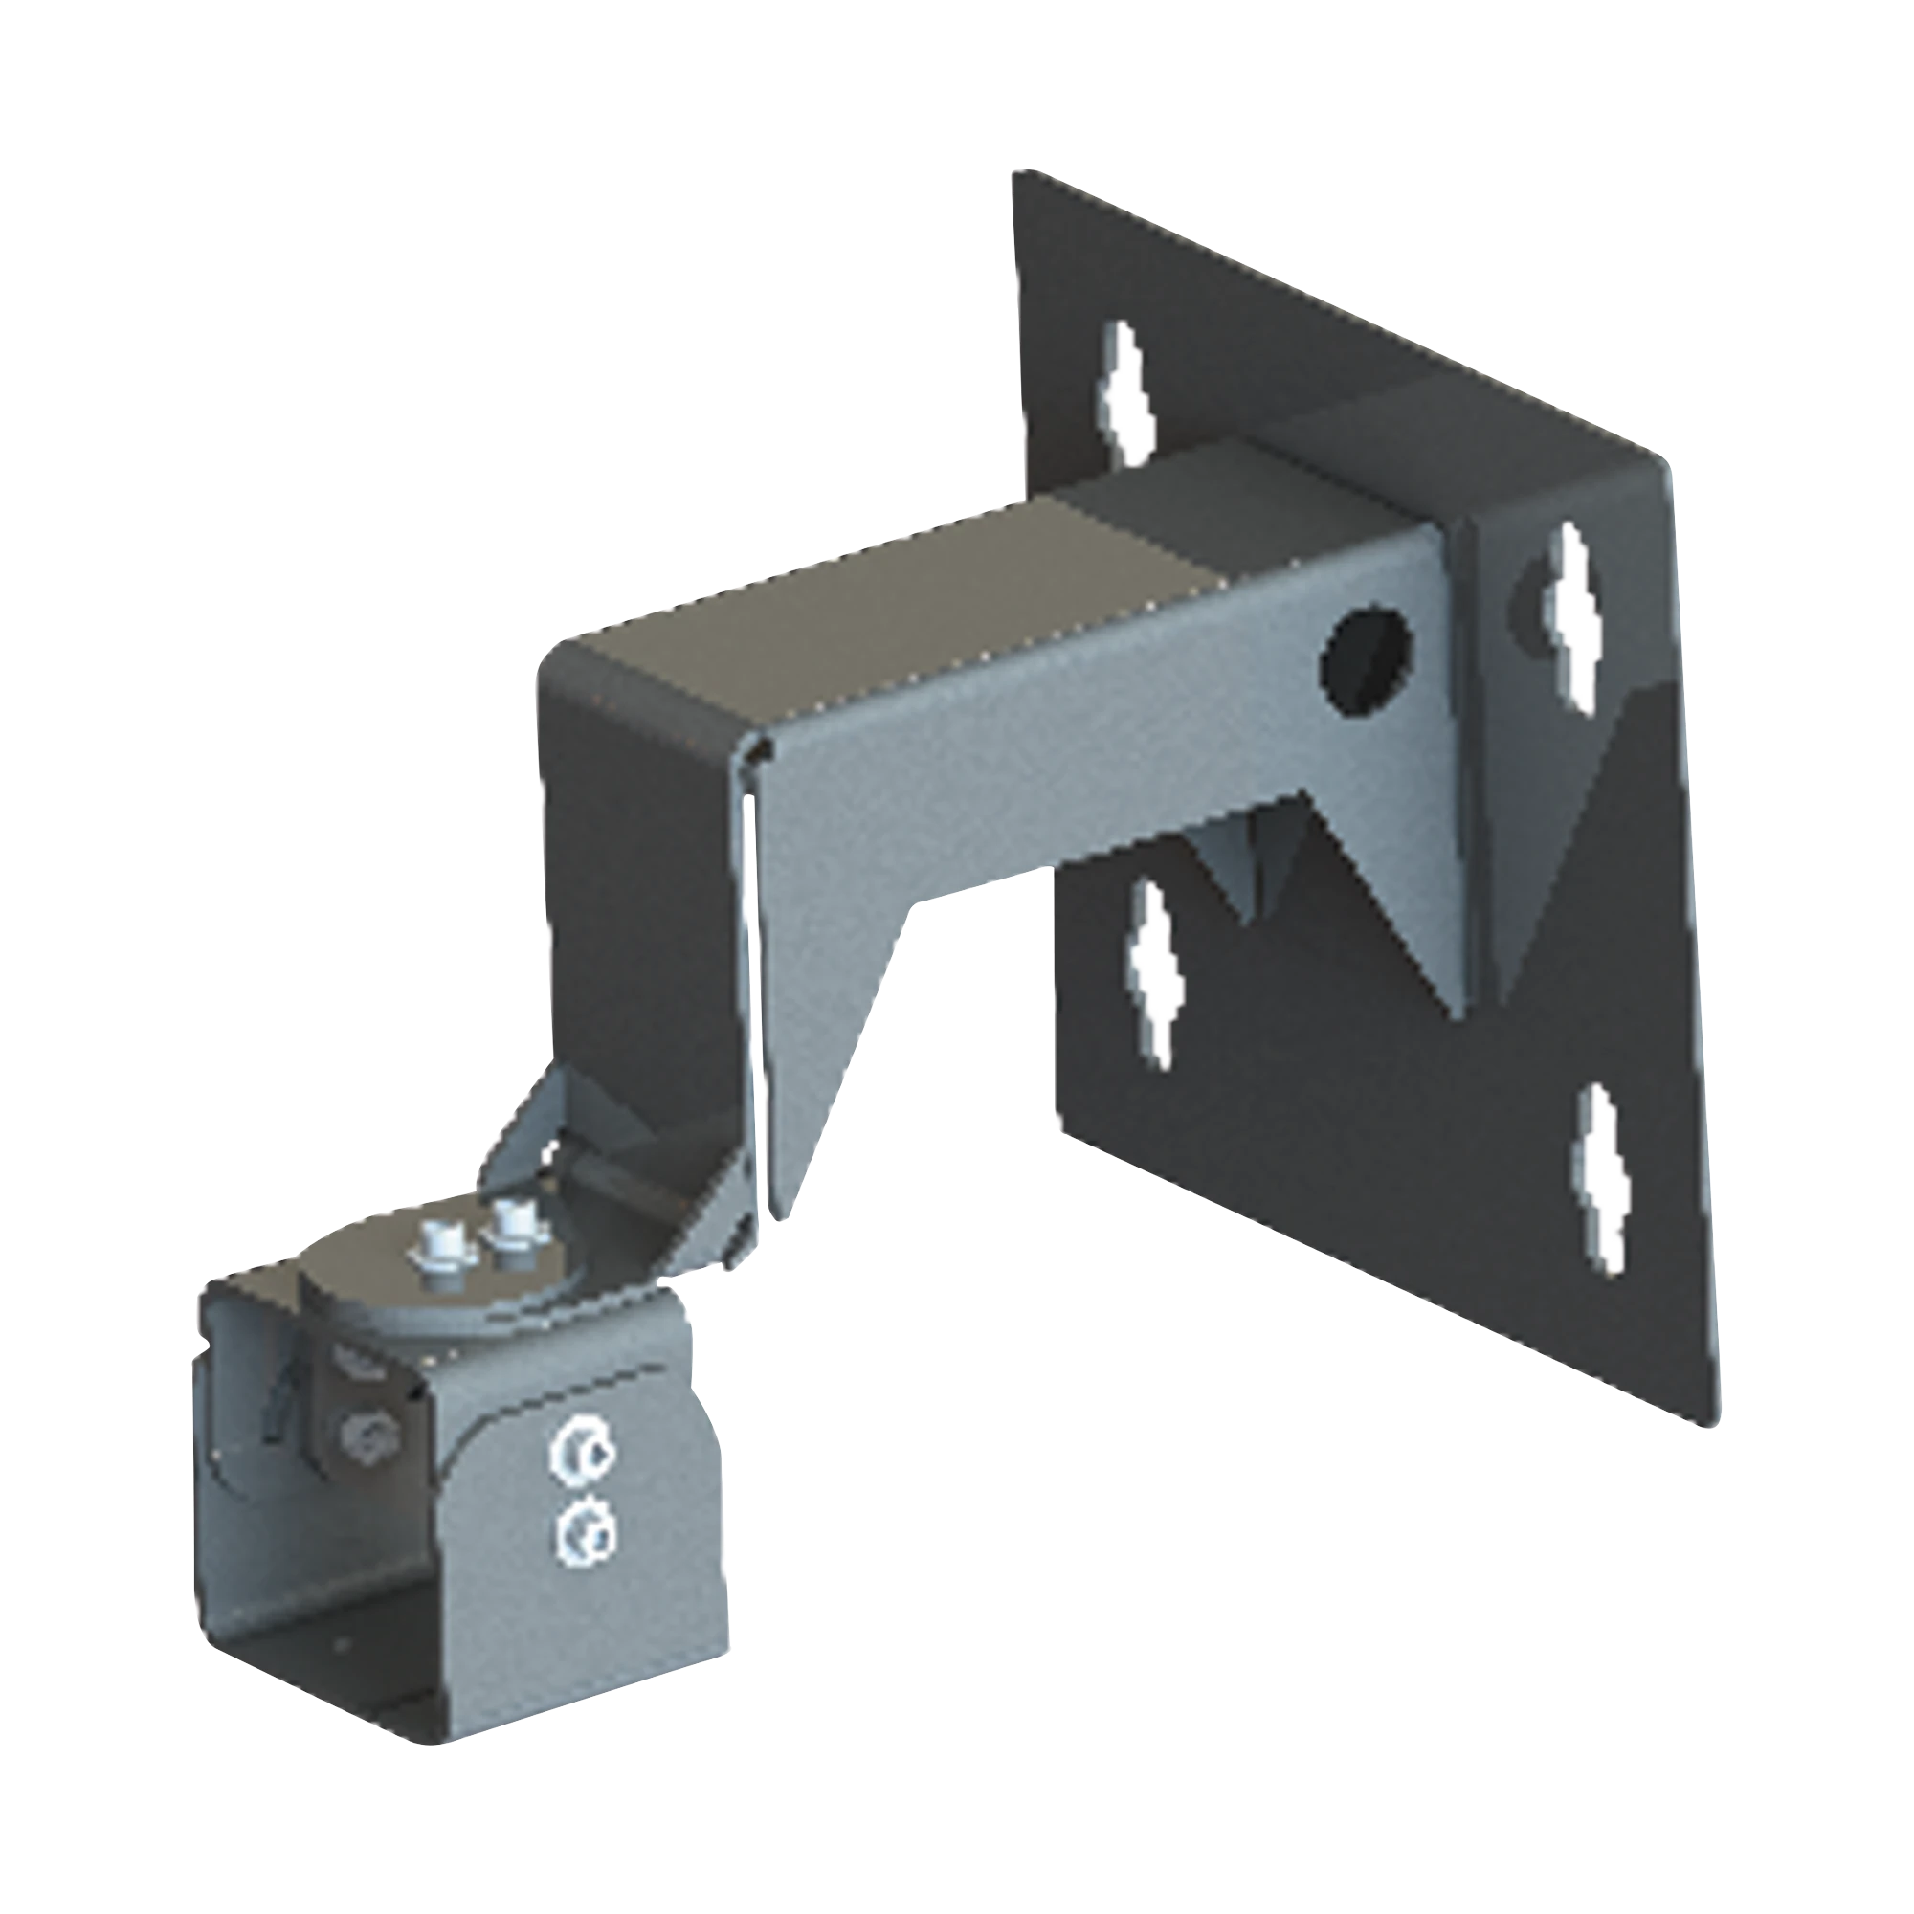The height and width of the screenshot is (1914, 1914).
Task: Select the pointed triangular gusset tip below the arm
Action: coord(1462,1016)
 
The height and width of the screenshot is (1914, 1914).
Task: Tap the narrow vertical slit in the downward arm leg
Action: coord(753,941)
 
